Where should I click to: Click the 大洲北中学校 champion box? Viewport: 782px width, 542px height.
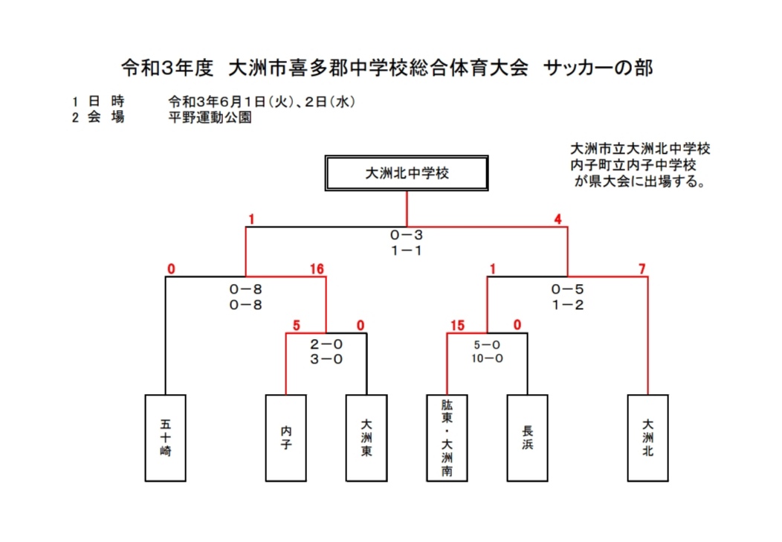click(x=407, y=173)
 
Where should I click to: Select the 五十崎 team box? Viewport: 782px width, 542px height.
click(x=165, y=437)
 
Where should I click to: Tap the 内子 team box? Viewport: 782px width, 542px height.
click(x=286, y=437)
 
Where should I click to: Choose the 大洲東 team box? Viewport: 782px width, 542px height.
click(x=366, y=437)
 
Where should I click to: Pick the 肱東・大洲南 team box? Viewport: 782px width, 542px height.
click(x=447, y=437)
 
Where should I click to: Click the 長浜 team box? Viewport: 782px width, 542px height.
click(x=527, y=437)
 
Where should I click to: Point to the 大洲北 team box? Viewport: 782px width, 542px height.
click(x=648, y=437)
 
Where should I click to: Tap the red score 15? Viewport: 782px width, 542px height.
click(x=456, y=324)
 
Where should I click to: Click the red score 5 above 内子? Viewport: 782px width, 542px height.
click(x=295, y=324)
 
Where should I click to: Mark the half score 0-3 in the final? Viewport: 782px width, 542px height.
click(x=407, y=236)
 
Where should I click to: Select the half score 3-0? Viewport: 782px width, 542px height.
click(x=326, y=359)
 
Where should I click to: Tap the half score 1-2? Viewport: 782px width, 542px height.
click(x=567, y=305)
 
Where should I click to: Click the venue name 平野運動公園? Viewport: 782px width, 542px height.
click(x=210, y=117)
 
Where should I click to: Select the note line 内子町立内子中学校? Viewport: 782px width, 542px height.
click(x=633, y=164)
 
